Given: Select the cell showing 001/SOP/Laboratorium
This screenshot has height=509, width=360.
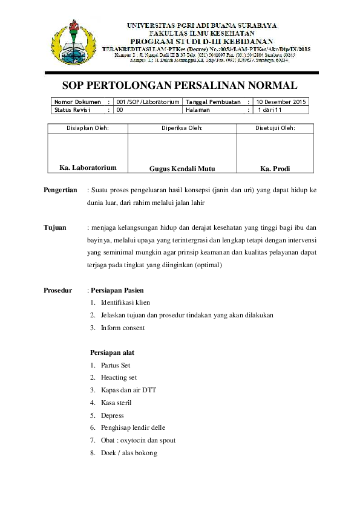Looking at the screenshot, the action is (x=148, y=102).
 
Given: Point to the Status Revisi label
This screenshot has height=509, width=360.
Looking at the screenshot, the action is (x=72, y=110).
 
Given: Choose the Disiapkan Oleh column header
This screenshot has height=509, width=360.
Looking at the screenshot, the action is (x=87, y=128).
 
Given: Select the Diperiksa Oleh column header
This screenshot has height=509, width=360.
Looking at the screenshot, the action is (x=182, y=128).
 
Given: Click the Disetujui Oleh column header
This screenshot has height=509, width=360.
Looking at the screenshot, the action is (x=275, y=128).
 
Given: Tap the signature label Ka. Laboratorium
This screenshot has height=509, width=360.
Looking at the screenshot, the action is (x=88, y=167).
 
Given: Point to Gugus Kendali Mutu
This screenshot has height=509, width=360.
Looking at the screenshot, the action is (x=182, y=169).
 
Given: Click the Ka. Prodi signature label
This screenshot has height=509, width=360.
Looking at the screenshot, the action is (x=275, y=169).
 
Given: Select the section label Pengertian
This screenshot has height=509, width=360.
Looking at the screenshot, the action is (x=61, y=190).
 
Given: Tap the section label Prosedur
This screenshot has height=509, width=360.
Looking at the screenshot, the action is (x=58, y=290).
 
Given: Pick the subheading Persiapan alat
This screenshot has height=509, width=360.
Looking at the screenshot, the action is (x=112, y=352).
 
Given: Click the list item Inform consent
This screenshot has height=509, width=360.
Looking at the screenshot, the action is (x=123, y=328).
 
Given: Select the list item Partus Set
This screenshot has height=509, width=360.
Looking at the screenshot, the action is (x=116, y=365).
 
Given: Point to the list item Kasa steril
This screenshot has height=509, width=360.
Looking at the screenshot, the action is (x=116, y=403).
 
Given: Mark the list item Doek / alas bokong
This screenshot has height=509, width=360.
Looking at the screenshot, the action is (x=129, y=453).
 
